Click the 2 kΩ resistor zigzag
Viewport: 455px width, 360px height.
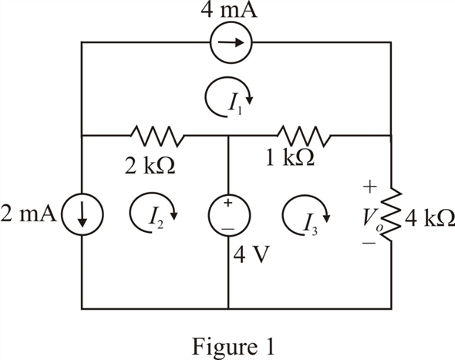pyautogui.click(x=157, y=136)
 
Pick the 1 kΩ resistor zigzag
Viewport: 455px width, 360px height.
pyautogui.click(x=304, y=136)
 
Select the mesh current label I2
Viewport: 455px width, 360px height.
pyautogui.click(x=156, y=220)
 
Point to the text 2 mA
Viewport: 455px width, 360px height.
pyautogui.click(x=29, y=214)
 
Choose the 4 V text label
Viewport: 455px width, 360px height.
pyautogui.click(x=251, y=254)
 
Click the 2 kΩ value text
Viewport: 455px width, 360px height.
pyautogui.click(x=150, y=166)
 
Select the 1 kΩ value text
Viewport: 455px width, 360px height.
pyautogui.click(x=290, y=158)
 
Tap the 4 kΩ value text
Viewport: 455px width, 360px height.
pyautogui.click(x=430, y=218)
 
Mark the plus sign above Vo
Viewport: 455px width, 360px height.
pyautogui.click(x=369, y=187)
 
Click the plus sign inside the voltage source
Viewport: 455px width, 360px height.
pyautogui.click(x=228, y=203)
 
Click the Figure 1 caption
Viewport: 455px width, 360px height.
pyautogui.click(x=233, y=347)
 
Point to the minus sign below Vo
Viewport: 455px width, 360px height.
pyautogui.click(x=369, y=243)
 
